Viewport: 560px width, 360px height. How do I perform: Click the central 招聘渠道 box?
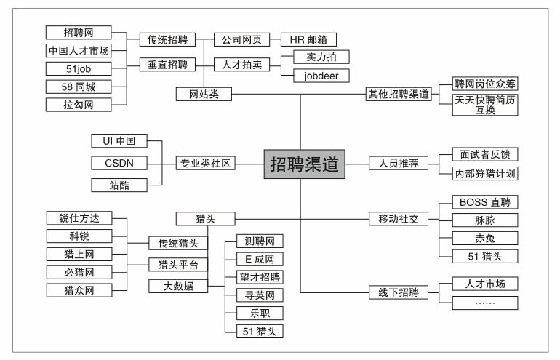(x=304, y=164)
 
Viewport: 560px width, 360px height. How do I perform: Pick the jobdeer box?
(x=320, y=75)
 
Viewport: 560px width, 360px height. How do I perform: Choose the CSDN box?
(x=119, y=162)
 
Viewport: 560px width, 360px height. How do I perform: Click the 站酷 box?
(x=119, y=185)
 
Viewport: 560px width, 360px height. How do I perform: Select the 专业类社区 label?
(x=206, y=163)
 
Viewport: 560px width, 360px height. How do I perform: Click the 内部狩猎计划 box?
(x=479, y=175)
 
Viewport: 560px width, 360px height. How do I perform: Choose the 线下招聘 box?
(x=393, y=293)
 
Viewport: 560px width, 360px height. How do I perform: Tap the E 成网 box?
(x=259, y=258)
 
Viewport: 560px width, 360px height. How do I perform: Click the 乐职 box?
(x=259, y=313)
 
